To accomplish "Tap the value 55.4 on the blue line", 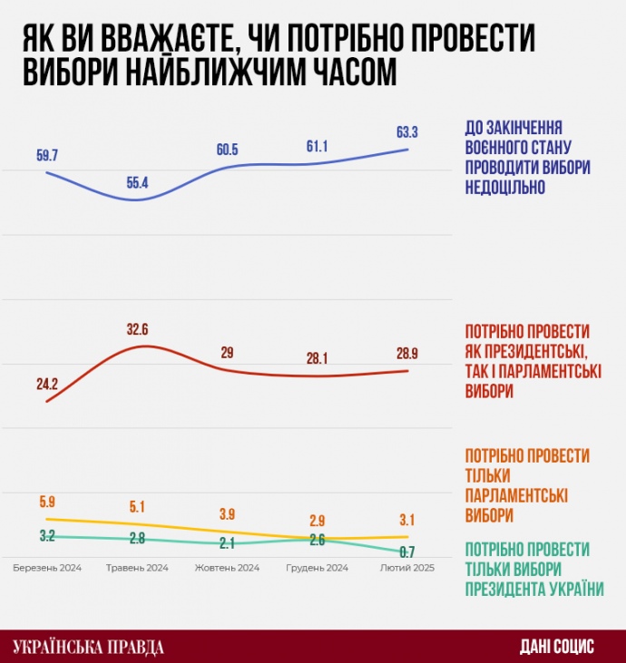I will point(137,183).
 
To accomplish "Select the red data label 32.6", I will point(137,330).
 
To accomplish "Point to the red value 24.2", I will point(47,384).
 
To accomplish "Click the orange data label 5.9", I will point(47,502).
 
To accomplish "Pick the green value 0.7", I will point(407,551).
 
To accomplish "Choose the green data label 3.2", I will point(47,536).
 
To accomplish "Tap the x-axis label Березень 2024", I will point(47,568).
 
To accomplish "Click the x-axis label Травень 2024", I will point(137,568).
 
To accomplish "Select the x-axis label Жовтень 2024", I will point(228,568).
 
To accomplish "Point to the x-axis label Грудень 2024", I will point(318,568).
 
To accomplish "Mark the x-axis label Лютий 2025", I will point(406,568).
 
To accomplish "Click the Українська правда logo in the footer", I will point(89,647).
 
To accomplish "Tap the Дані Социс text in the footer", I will point(557,647).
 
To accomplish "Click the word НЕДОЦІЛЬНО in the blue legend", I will point(504,188).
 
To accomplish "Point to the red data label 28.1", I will point(318,358).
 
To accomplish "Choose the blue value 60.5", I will point(228,149).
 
